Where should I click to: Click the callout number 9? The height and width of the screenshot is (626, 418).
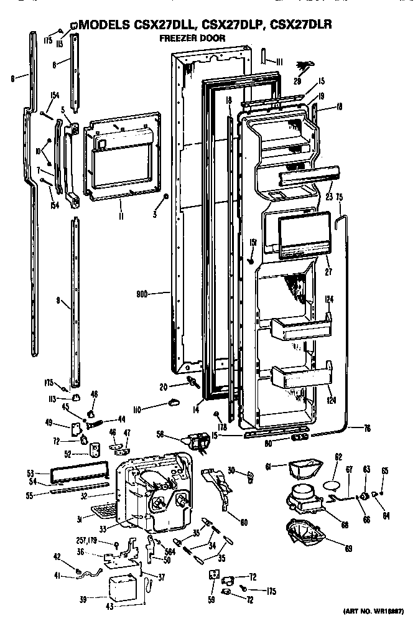(57, 301)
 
